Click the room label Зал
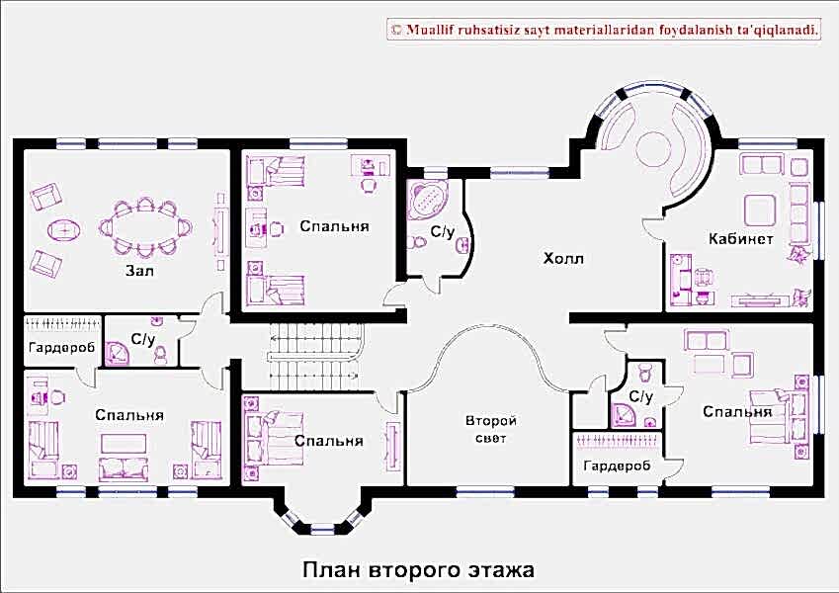point(139,271)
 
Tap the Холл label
point(563,259)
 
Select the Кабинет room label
point(740,239)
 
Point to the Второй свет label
point(490,429)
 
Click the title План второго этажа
point(418,569)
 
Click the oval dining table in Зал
point(144,227)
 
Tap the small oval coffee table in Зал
point(65,230)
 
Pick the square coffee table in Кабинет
point(760,210)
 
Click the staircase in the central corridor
point(315,357)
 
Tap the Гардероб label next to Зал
point(61,347)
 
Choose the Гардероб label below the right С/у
point(617,466)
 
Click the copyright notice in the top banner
point(605,30)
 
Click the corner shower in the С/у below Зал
point(116,353)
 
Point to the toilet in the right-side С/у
point(644,372)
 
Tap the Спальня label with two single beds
point(334,226)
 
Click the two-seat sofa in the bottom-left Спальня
point(123,467)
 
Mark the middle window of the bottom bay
point(322,530)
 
